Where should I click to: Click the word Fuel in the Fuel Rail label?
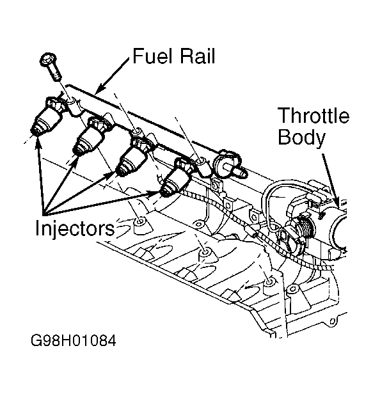pyautogui.click(x=150, y=57)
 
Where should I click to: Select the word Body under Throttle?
pyautogui.click(x=301, y=138)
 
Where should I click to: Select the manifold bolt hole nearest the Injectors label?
pyautogui.click(x=139, y=223)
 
